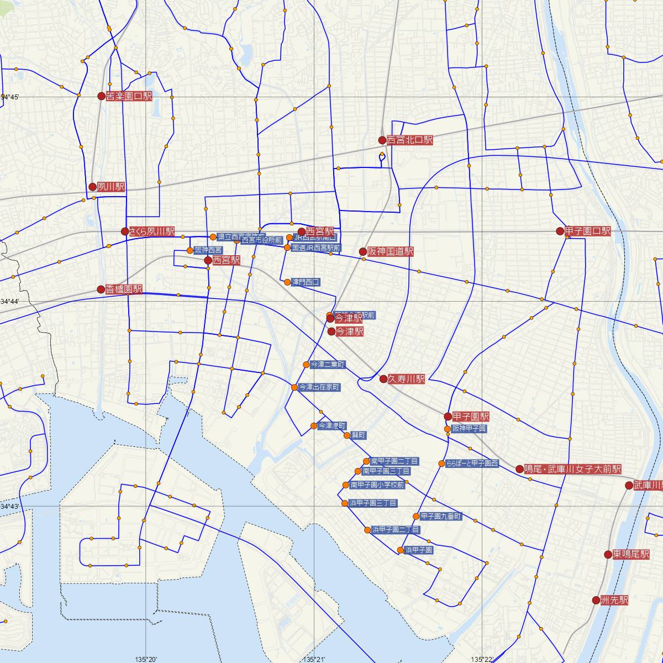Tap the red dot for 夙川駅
93,187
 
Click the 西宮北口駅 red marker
382,140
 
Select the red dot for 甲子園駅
448,417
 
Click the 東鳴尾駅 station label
631,554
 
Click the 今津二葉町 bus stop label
328,365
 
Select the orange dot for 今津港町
314,426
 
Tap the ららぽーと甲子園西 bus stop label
472,464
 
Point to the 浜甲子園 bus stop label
419,550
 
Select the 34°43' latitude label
10,507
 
